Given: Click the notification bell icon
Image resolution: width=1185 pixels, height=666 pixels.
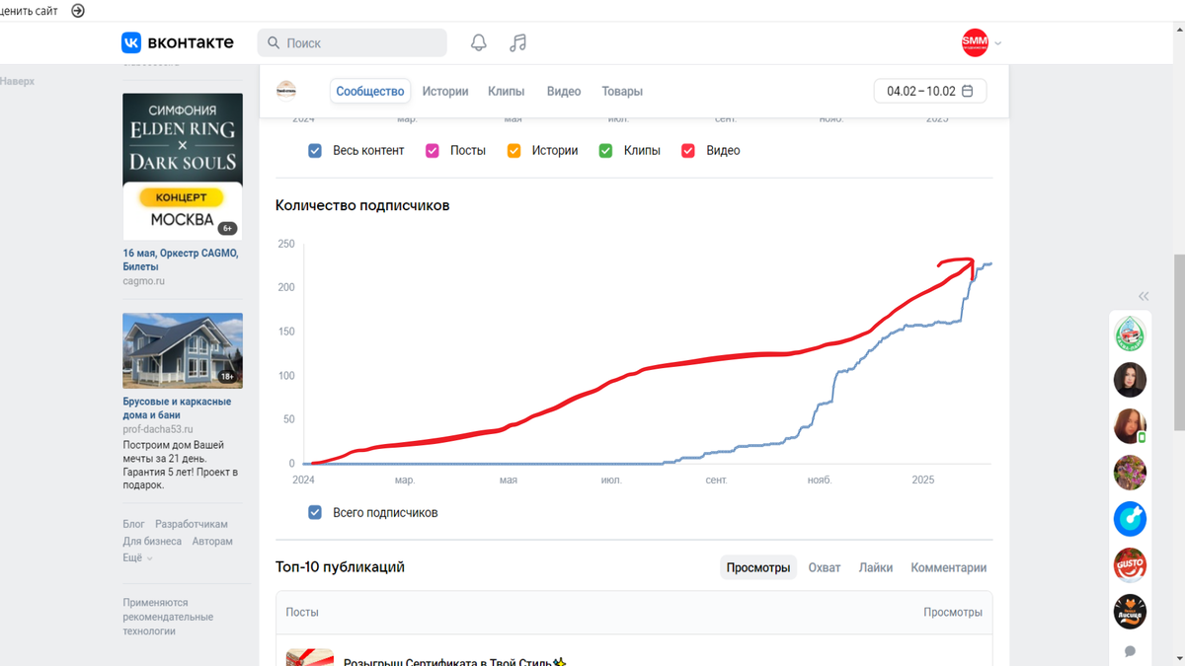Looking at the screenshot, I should pyautogui.click(x=479, y=42).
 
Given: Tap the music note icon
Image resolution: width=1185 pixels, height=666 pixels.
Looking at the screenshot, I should pyautogui.click(x=517, y=42).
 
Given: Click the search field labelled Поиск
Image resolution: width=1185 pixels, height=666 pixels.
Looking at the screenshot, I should pyautogui.click(x=353, y=43).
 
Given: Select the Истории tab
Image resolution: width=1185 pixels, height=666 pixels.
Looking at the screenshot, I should pyautogui.click(x=445, y=91).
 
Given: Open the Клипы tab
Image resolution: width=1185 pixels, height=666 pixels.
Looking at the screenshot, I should pyautogui.click(x=506, y=91).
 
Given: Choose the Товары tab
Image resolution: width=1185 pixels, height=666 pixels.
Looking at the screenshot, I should pyautogui.click(x=622, y=91).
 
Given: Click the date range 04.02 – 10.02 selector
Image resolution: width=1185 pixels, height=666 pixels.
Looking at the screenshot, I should pyautogui.click(x=929, y=91).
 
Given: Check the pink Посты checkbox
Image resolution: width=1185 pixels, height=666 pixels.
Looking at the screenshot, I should pyautogui.click(x=433, y=151).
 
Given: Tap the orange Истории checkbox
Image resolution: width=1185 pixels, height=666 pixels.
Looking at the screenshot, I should pyautogui.click(x=513, y=151).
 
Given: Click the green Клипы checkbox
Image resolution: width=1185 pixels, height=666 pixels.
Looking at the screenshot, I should pyautogui.click(x=606, y=151).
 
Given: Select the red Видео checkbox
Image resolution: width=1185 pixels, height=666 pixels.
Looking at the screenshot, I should pyautogui.click(x=688, y=151).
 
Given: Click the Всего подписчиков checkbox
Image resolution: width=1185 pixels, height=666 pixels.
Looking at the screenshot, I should pyautogui.click(x=315, y=512).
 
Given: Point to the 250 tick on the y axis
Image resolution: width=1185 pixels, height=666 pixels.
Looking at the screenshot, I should pyautogui.click(x=286, y=244).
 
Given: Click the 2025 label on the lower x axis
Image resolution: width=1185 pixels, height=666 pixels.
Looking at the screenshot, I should pyautogui.click(x=922, y=481).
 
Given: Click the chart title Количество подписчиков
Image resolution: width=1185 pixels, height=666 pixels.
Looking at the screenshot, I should pyautogui.click(x=362, y=205).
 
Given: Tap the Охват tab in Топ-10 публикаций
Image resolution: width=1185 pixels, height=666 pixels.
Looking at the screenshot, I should pyautogui.click(x=825, y=567).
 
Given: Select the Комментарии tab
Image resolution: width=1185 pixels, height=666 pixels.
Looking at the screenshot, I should pyautogui.click(x=948, y=567).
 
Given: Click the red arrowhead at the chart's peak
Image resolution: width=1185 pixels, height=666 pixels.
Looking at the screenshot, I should pyautogui.click(x=969, y=262).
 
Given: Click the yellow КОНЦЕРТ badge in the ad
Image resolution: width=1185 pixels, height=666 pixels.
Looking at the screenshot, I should pyautogui.click(x=182, y=197).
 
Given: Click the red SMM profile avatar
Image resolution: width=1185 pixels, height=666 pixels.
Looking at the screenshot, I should pyautogui.click(x=975, y=41).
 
